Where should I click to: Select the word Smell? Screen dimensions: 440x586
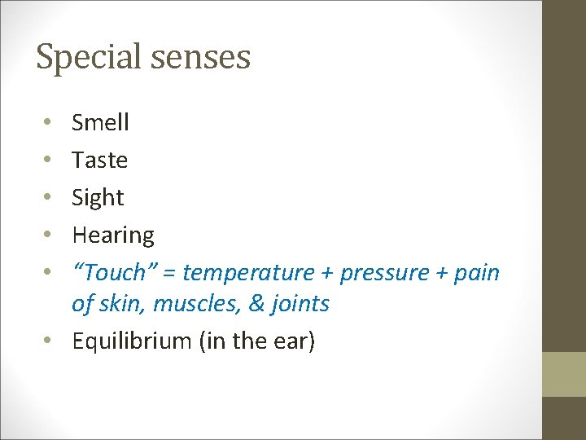tap(100, 122)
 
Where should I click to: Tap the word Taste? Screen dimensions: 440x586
tap(99, 160)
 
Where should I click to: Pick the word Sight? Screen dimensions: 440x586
tap(98, 198)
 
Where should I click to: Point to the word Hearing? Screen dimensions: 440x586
tap(113, 235)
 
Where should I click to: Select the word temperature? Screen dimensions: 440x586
tap(248, 272)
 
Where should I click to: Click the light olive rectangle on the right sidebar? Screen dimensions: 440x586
tap(564, 374)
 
